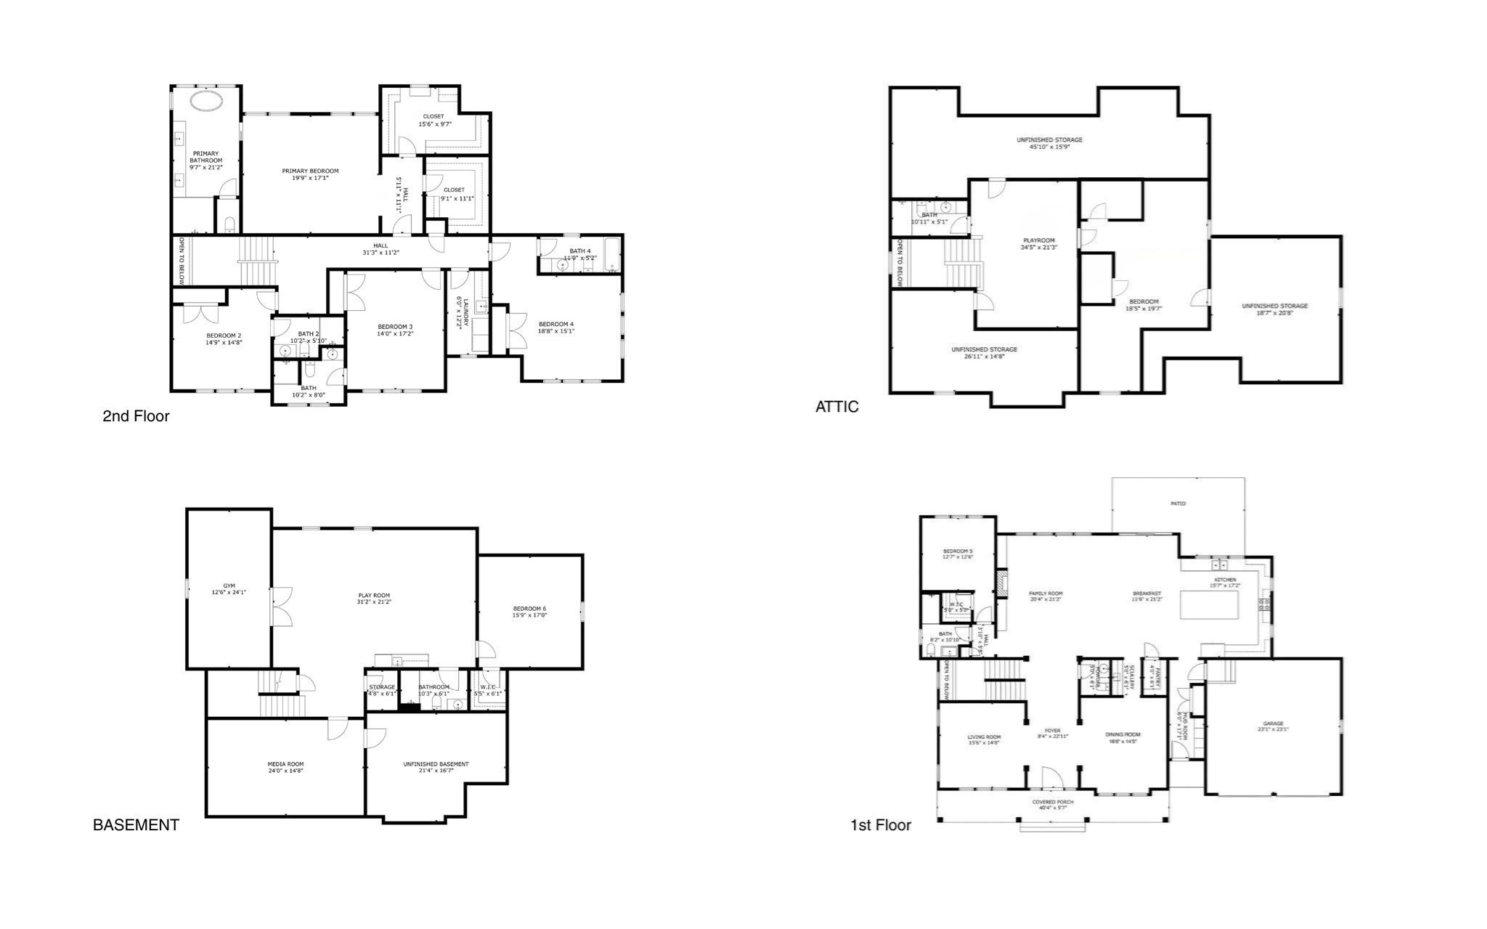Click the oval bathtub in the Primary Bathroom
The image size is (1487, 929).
206,100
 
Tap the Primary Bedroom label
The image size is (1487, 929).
310,171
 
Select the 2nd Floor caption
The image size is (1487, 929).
136,416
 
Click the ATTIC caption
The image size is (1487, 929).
836,407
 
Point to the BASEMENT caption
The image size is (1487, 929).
136,825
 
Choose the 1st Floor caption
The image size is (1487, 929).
880,825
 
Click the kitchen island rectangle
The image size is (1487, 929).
1209,605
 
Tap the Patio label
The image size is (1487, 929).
1178,503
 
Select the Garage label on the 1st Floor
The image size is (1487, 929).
1273,723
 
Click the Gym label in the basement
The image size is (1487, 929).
229,586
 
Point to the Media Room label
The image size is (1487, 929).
285,764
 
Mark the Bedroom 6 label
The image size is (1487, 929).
529,609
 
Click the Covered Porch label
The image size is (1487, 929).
1053,802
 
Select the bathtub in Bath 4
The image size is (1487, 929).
612,255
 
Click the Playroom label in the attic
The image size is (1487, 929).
1038,240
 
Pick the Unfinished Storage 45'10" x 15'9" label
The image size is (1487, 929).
1049,140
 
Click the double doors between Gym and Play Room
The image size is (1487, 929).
281,607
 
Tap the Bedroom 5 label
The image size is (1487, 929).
957,551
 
